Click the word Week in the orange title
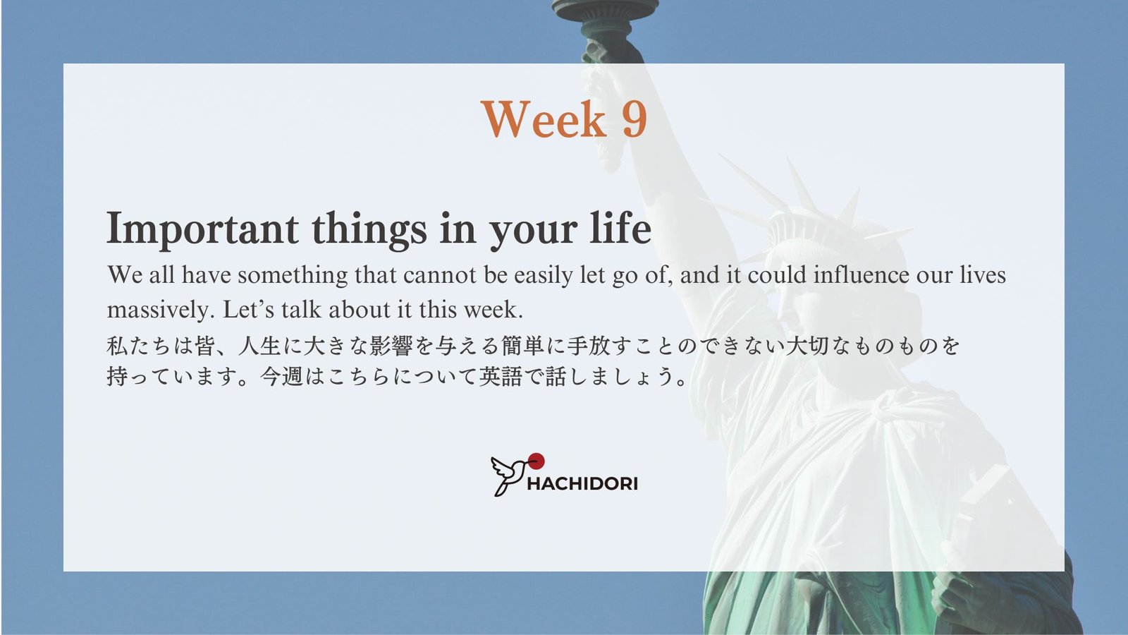544,119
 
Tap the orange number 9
634,119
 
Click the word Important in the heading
202,229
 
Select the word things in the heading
369,229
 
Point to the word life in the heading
620,226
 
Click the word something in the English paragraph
293,276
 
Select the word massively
158,310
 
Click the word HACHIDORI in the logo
582,484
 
